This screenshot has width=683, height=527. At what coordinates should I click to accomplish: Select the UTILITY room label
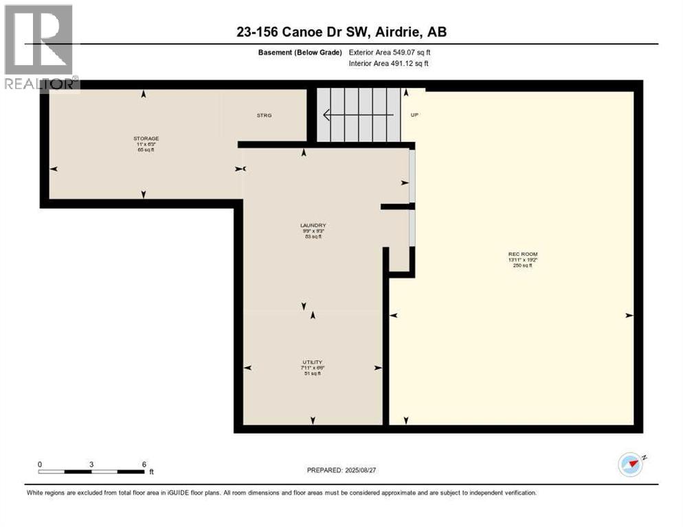click(x=312, y=362)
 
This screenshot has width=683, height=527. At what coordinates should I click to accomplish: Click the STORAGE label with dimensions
click(x=146, y=139)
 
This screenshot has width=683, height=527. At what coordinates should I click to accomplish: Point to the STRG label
click(x=264, y=115)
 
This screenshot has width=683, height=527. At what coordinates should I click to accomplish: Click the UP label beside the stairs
click(x=414, y=115)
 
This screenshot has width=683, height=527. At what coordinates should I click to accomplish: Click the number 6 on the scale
click(x=144, y=464)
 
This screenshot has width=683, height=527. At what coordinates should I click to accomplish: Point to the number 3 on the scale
click(x=91, y=464)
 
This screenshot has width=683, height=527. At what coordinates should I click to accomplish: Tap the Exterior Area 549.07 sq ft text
click(x=390, y=52)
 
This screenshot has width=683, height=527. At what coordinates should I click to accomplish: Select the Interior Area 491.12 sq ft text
click(x=389, y=64)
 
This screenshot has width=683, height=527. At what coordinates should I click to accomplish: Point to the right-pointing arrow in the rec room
click(x=628, y=316)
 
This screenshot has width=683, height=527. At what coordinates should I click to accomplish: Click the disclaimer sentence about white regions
click(x=280, y=493)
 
